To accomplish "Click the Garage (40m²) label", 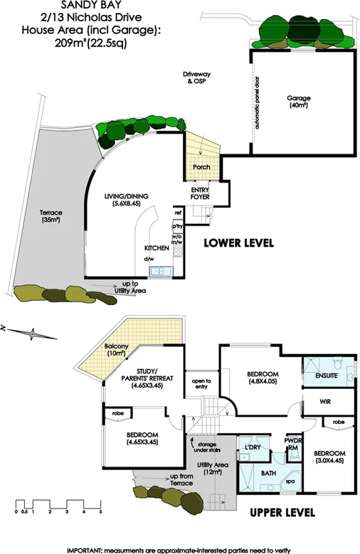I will pyautogui.click(x=301, y=102).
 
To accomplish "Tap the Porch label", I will pyautogui.click(x=201, y=169).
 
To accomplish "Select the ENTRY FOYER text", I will pyautogui.click(x=204, y=194).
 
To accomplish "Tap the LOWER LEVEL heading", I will pyautogui.click(x=238, y=243).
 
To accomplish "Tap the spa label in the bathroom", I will pyautogui.click(x=290, y=481).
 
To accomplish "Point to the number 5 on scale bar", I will pyautogui.click(x=100, y=511).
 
